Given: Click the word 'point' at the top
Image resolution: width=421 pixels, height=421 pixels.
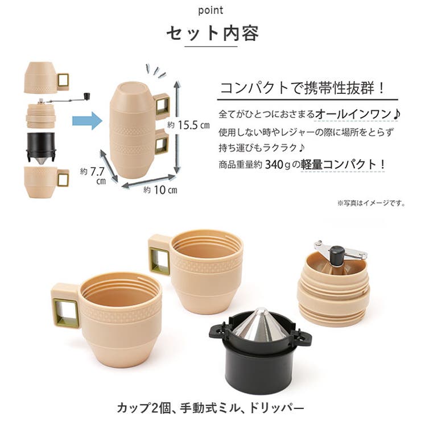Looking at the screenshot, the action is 210,10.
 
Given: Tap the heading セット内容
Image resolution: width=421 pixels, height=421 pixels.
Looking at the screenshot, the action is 212,34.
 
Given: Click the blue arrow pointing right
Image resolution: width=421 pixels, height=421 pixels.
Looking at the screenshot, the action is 87,121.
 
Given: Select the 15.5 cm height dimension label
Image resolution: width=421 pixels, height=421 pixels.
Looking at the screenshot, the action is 188,125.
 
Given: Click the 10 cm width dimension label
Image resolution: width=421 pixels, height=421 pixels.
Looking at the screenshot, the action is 160,190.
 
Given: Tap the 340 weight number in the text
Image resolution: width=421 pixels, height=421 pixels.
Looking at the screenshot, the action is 274,164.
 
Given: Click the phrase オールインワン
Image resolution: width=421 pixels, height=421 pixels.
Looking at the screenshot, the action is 353,115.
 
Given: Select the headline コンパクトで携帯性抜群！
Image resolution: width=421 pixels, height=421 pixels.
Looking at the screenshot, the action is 303,88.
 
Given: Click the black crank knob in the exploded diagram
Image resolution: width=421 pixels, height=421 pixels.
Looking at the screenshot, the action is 87,96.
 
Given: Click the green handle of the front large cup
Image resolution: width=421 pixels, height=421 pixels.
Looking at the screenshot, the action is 66,313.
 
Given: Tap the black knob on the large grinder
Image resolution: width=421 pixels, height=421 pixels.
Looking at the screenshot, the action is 337,255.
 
